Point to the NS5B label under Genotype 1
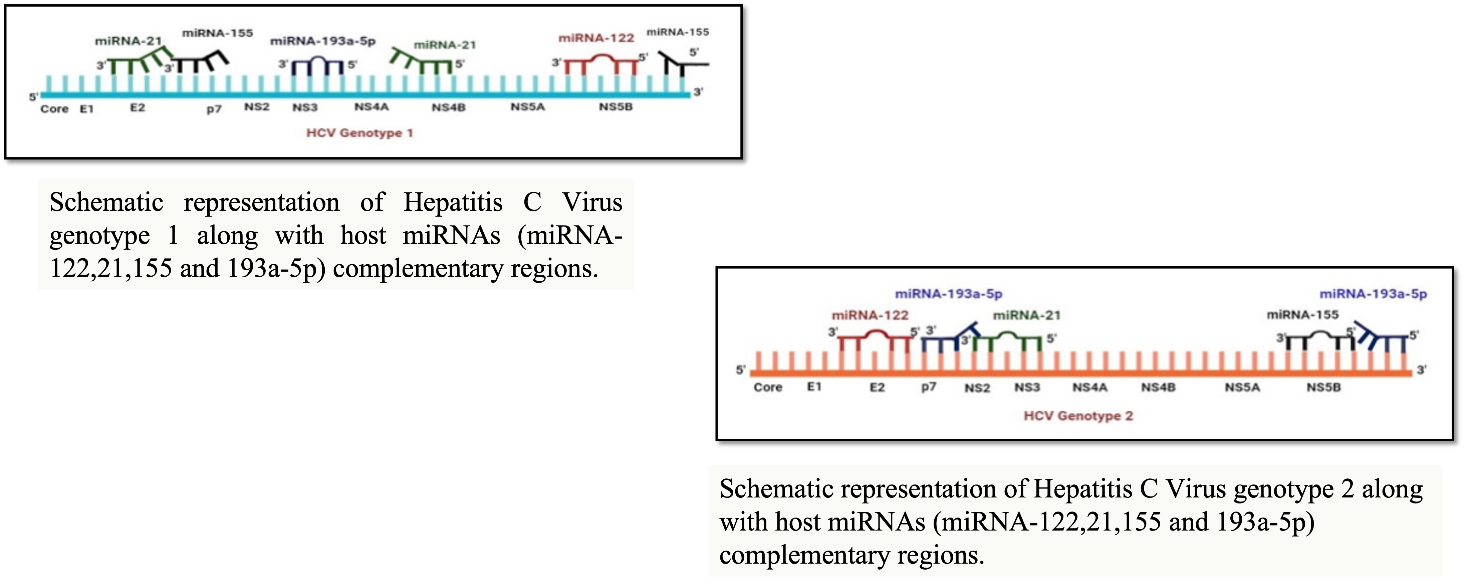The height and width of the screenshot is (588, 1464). (616, 107)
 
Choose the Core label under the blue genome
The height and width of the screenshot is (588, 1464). (54, 109)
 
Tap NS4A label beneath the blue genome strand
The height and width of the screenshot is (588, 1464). (371, 107)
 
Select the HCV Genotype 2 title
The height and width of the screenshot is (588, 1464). (1078, 416)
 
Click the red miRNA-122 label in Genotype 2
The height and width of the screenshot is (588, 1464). (870, 315)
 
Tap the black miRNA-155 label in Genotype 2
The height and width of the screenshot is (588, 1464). (1302, 314)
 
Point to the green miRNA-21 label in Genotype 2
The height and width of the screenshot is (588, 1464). (1026, 315)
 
